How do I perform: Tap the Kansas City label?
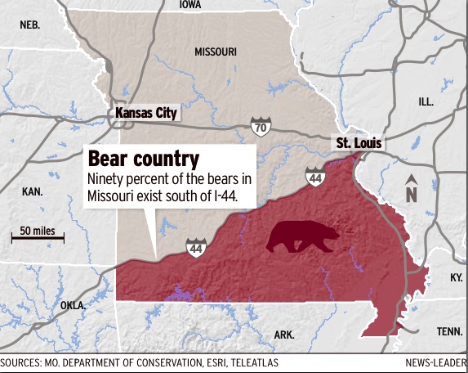click(x=146, y=113)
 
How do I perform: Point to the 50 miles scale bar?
click(x=37, y=236)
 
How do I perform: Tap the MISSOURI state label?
click(x=216, y=52)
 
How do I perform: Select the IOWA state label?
click(x=189, y=5)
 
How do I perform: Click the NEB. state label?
click(x=30, y=25)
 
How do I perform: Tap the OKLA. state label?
click(x=72, y=305)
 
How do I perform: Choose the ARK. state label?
click(x=284, y=335)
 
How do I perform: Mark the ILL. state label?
click(x=426, y=101)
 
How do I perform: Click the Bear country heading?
click(x=144, y=157)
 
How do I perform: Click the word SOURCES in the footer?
click(x=22, y=362)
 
